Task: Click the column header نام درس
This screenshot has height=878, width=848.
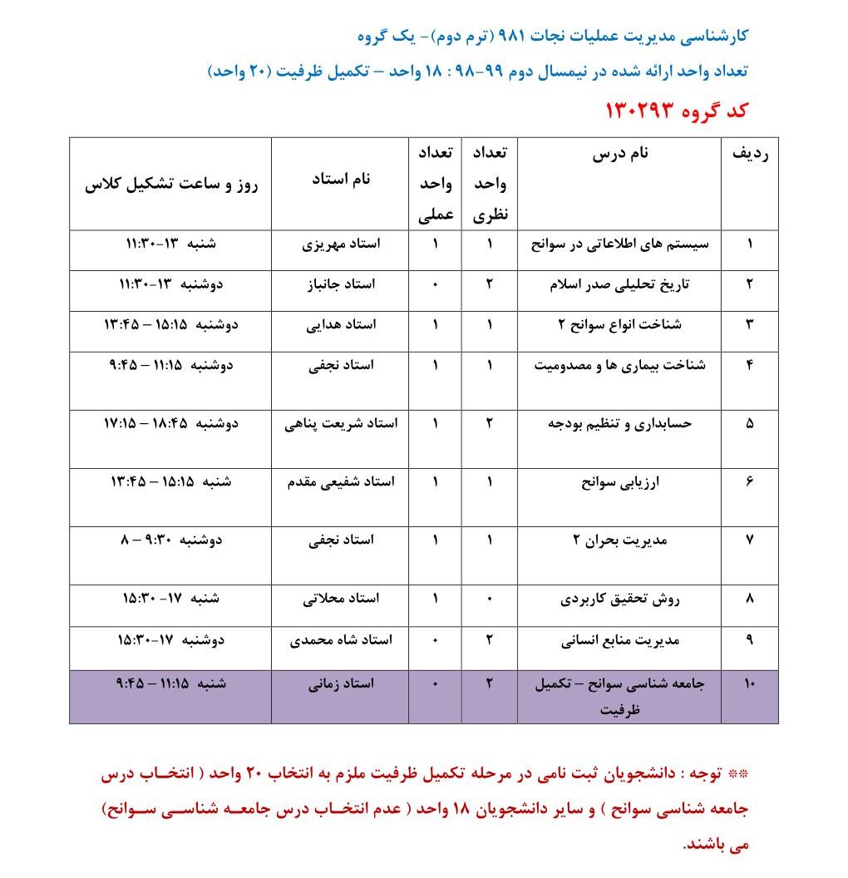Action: point(620,154)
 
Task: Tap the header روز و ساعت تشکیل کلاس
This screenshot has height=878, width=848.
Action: point(171,185)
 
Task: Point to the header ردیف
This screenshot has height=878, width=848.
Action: point(749,155)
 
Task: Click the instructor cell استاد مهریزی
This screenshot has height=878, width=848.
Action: point(341,244)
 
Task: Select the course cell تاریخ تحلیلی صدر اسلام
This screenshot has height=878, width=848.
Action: point(620,284)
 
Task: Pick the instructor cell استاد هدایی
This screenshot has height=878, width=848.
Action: point(341,324)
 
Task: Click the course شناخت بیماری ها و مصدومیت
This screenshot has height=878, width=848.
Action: point(620,365)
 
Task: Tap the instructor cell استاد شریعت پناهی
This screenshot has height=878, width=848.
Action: point(341,423)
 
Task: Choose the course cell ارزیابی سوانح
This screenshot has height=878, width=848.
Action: point(620,481)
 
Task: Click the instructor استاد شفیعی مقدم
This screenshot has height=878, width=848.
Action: point(341,481)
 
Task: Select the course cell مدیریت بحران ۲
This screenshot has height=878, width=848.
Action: point(620,540)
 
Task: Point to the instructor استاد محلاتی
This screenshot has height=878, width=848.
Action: point(341,598)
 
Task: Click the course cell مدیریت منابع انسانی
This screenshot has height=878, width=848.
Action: point(620,640)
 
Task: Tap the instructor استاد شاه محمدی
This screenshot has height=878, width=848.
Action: point(341,640)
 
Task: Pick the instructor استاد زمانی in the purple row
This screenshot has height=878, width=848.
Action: point(341,683)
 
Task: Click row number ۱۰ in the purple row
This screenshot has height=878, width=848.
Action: point(749,683)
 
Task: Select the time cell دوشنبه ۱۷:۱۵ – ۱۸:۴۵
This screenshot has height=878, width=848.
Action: point(171,423)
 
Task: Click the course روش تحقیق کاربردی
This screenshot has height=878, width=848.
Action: point(620,598)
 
